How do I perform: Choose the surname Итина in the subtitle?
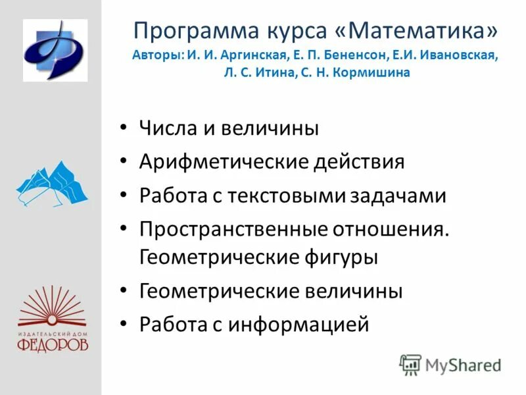[276, 73]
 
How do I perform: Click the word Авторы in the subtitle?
[155, 55]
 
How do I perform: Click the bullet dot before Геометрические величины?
[125, 291]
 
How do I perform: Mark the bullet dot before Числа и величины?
[125, 128]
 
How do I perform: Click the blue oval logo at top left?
[55, 50]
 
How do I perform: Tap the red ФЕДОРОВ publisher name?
[53, 344]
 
